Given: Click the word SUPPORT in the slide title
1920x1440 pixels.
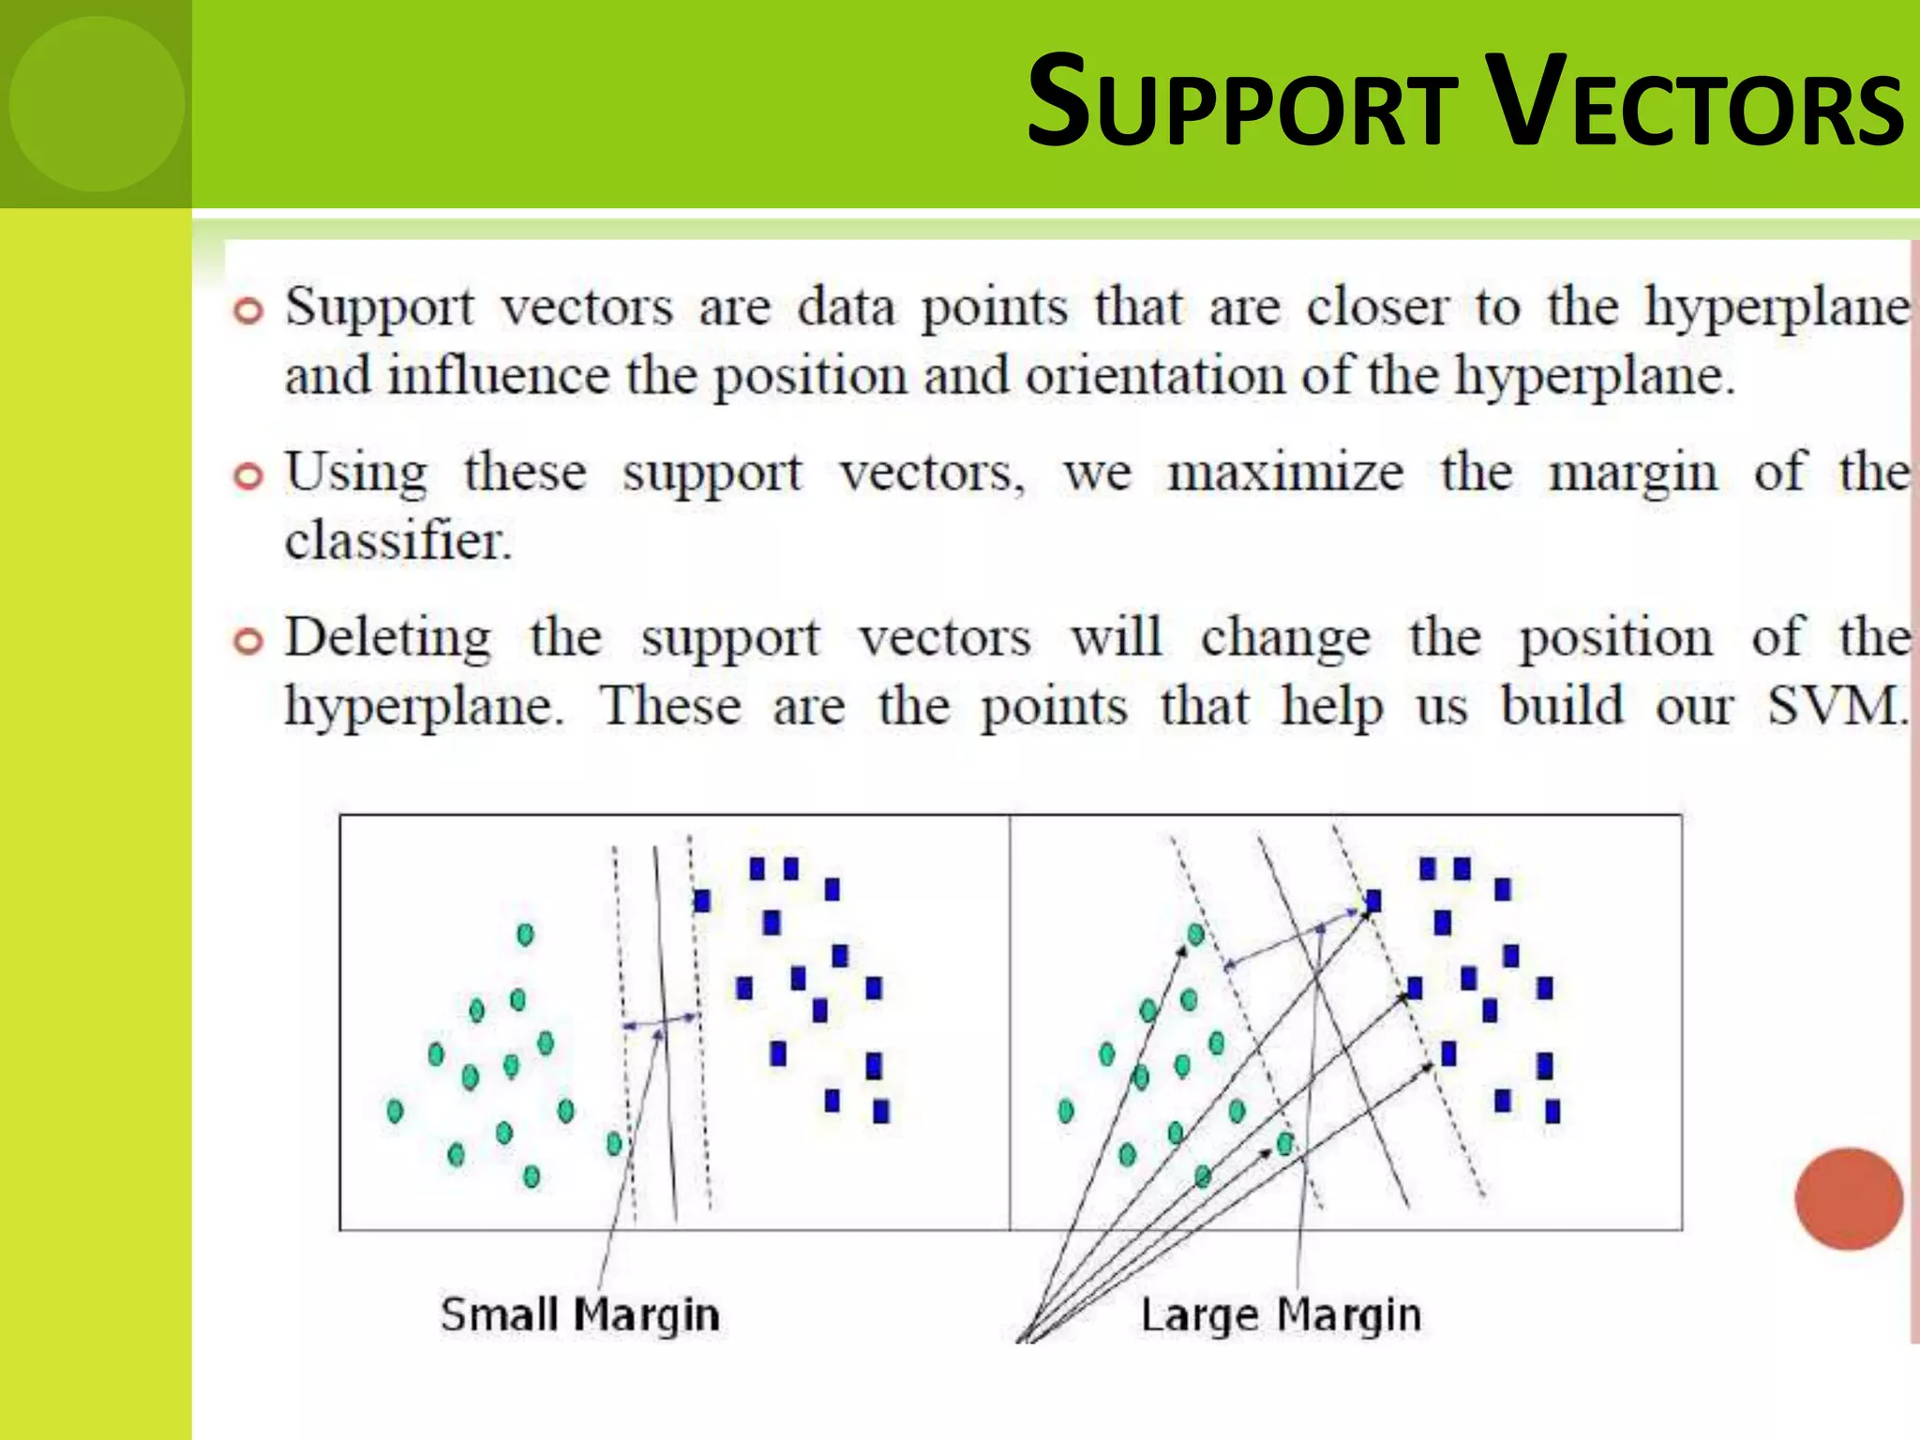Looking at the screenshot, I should tap(1242, 103).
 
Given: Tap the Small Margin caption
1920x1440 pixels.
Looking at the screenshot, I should tap(580, 1314).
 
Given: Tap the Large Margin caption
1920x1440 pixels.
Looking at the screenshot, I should tap(1281, 1314).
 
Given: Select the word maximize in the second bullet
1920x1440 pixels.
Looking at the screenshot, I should tap(1285, 472).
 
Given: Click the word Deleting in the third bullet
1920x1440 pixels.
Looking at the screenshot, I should tap(388, 638).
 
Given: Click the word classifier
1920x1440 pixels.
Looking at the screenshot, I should tap(398, 541).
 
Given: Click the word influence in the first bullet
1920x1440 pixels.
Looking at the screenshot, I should tap(499, 376).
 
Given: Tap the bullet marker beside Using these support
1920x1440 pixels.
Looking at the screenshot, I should tap(248, 476).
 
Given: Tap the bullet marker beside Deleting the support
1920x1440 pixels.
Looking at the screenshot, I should tap(248, 641).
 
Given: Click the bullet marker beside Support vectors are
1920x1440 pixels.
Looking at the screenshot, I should tap(248, 310).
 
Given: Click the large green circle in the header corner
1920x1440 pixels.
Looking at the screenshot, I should tap(97, 104).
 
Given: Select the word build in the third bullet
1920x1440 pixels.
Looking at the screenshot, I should tap(1562, 706).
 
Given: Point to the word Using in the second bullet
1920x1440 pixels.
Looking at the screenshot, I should tap(357, 472).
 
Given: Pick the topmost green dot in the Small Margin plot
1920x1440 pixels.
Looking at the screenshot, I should tap(525, 935).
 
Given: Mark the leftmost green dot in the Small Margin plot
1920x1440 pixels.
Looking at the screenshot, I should tap(395, 1111).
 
